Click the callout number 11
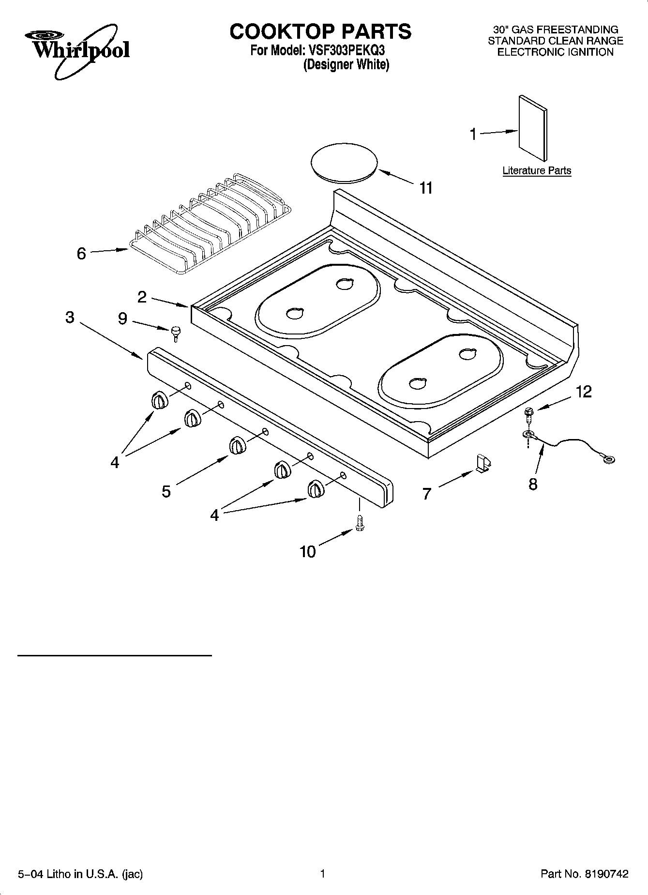(425, 188)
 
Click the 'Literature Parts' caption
(537, 170)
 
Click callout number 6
(81, 253)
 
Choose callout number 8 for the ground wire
(533, 484)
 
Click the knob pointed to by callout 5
(237, 445)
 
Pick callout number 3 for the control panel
(70, 318)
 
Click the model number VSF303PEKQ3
(345, 50)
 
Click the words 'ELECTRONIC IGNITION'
(555, 52)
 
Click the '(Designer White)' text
(346, 65)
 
